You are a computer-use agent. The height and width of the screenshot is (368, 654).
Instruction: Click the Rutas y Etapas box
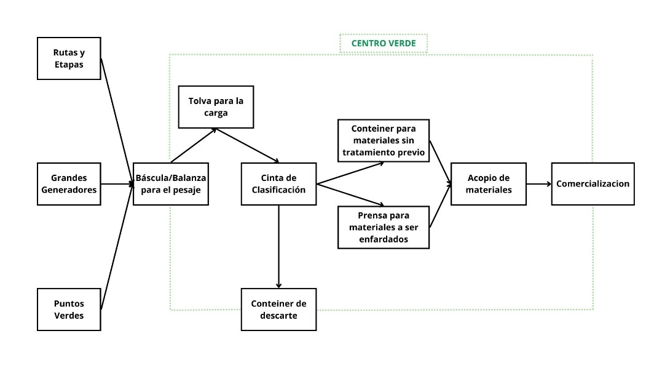[69, 58]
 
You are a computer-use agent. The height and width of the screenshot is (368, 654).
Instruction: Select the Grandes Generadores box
[69, 183]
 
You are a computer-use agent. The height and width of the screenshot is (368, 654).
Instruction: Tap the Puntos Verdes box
[69, 309]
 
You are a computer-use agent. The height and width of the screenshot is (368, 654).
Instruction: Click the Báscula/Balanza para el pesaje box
[171, 183]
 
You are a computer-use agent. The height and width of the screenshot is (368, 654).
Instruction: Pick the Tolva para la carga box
[216, 107]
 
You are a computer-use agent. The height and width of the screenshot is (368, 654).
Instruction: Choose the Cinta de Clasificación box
[278, 183]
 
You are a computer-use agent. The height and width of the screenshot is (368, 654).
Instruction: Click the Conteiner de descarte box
[278, 309]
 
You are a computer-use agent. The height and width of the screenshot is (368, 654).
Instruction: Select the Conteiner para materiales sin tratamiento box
[384, 141]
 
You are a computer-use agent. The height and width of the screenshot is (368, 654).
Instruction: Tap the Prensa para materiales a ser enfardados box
[384, 227]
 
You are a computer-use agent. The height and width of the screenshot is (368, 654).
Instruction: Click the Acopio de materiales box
[489, 183]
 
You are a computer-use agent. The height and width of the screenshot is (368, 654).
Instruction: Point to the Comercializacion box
[593, 183]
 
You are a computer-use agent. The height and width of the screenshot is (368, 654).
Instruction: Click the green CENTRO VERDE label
[384, 44]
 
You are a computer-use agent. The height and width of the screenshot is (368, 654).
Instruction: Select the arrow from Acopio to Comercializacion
[538, 183]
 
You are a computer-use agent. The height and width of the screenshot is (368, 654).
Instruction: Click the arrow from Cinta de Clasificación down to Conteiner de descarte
[279, 246]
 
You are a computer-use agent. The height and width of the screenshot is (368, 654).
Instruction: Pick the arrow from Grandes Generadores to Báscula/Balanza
[117, 183]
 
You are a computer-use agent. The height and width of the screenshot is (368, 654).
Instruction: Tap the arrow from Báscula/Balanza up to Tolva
[192, 145]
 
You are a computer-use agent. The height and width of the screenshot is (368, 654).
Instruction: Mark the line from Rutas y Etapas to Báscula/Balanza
[117, 121]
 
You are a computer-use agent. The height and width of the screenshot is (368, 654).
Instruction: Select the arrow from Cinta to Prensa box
[350, 194]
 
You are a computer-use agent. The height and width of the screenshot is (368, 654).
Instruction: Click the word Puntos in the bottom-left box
[69, 303]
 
